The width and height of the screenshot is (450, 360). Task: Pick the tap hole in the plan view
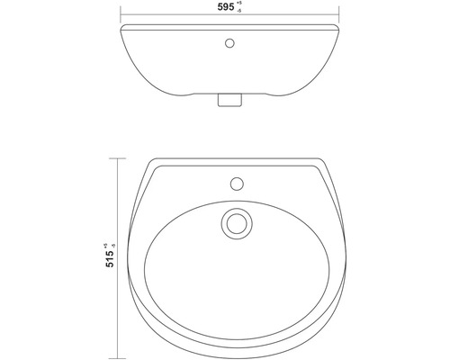[x=237, y=184]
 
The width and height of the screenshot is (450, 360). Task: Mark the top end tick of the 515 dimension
[x=114, y=157]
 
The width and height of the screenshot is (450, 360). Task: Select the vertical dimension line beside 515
[x=114, y=297]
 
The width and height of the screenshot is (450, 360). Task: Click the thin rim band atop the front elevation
[x=180, y=31]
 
